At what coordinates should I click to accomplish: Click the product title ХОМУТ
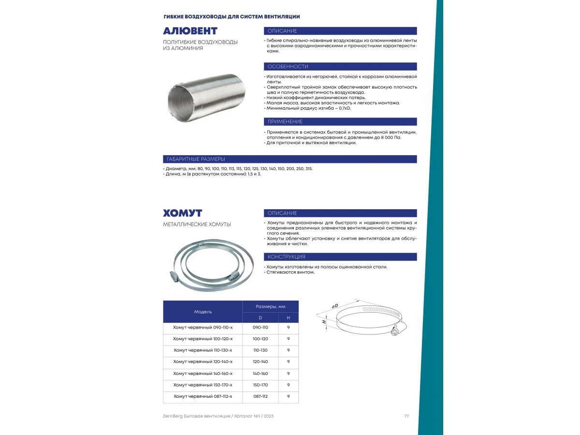point(182,213)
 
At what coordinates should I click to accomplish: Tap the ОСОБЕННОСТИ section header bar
point(340,67)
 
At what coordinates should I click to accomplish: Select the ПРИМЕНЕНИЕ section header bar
point(340,122)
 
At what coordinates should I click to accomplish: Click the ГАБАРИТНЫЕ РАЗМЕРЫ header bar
point(290,159)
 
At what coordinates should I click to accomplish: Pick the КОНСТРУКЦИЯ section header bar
point(340,257)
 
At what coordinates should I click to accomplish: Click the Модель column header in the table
point(203,312)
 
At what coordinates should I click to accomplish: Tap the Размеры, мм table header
point(270,306)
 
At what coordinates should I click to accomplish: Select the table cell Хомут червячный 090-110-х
point(203,328)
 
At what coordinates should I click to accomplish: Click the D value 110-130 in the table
point(260,350)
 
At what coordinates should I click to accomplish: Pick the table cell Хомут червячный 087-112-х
point(203,397)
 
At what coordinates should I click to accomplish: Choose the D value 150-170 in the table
point(260,385)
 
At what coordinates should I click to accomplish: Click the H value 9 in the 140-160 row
point(289,374)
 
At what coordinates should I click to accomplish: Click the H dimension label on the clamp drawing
point(325,321)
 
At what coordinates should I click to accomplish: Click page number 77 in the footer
point(406,417)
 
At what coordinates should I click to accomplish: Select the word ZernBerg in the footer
point(174,417)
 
